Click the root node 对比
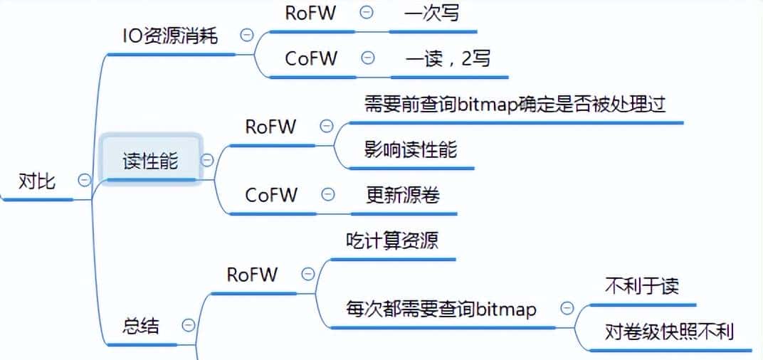36,181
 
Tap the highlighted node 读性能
150,161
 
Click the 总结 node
141,327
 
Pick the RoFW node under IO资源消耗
311,13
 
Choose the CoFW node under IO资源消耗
311,58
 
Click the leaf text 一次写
433,13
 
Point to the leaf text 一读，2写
448,58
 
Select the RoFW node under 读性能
271,127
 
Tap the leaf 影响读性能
411,149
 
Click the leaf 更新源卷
403,194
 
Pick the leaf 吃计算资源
391,240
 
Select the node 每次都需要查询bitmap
441,309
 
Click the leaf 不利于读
641,286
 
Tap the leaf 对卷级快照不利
669,332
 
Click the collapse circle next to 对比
84,180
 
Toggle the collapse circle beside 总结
189,326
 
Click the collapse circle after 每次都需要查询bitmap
567,308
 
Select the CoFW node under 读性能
271,194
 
